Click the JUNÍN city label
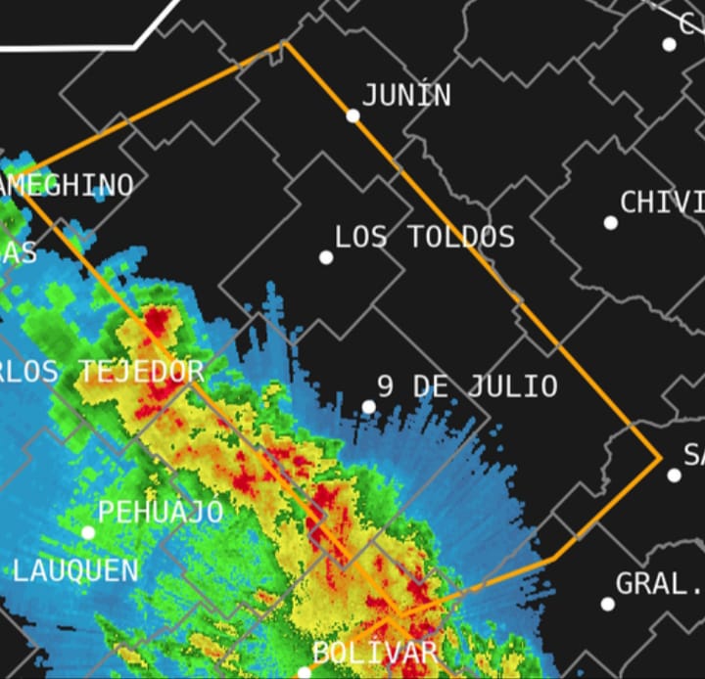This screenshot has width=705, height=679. pos(406,95)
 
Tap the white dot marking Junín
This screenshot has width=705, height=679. pos(352,115)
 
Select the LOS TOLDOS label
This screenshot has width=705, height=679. pos(424,237)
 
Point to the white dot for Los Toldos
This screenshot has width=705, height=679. pos(326,257)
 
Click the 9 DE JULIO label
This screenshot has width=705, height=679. pos(467,386)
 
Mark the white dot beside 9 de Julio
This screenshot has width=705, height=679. pos(369,407)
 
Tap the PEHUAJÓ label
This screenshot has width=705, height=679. pos(161,512)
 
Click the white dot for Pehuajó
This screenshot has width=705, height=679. pos(88,532)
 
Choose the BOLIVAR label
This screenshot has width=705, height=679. pos(374,653)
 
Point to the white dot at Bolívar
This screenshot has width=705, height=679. pos(304,672)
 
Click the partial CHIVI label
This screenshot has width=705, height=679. pos(662,203)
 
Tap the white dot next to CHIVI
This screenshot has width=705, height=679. pos(611,223)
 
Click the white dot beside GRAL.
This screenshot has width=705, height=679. pos(607,604)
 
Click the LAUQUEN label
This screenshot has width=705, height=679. pos(75,570)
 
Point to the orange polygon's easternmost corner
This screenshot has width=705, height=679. pos(661,456)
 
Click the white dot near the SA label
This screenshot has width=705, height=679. pos(674,475)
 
